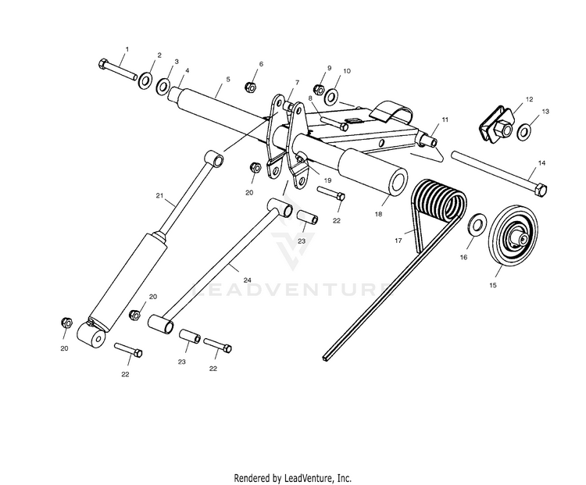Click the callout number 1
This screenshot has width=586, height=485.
[x=127, y=49]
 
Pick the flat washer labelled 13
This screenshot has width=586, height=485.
[x=523, y=130]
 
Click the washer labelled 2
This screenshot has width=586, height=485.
[x=145, y=78]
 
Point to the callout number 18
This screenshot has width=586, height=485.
[x=378, y=212]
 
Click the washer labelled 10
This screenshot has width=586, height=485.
[x=331, y=97]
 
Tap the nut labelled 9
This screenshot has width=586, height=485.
[x=319, y=87]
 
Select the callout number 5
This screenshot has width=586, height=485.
[x=228, y=79]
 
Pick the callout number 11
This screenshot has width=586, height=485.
[x=445, y=119]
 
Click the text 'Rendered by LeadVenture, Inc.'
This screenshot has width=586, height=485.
[x=293, y=476]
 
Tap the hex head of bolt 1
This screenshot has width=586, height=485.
[x=104, y=63]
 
